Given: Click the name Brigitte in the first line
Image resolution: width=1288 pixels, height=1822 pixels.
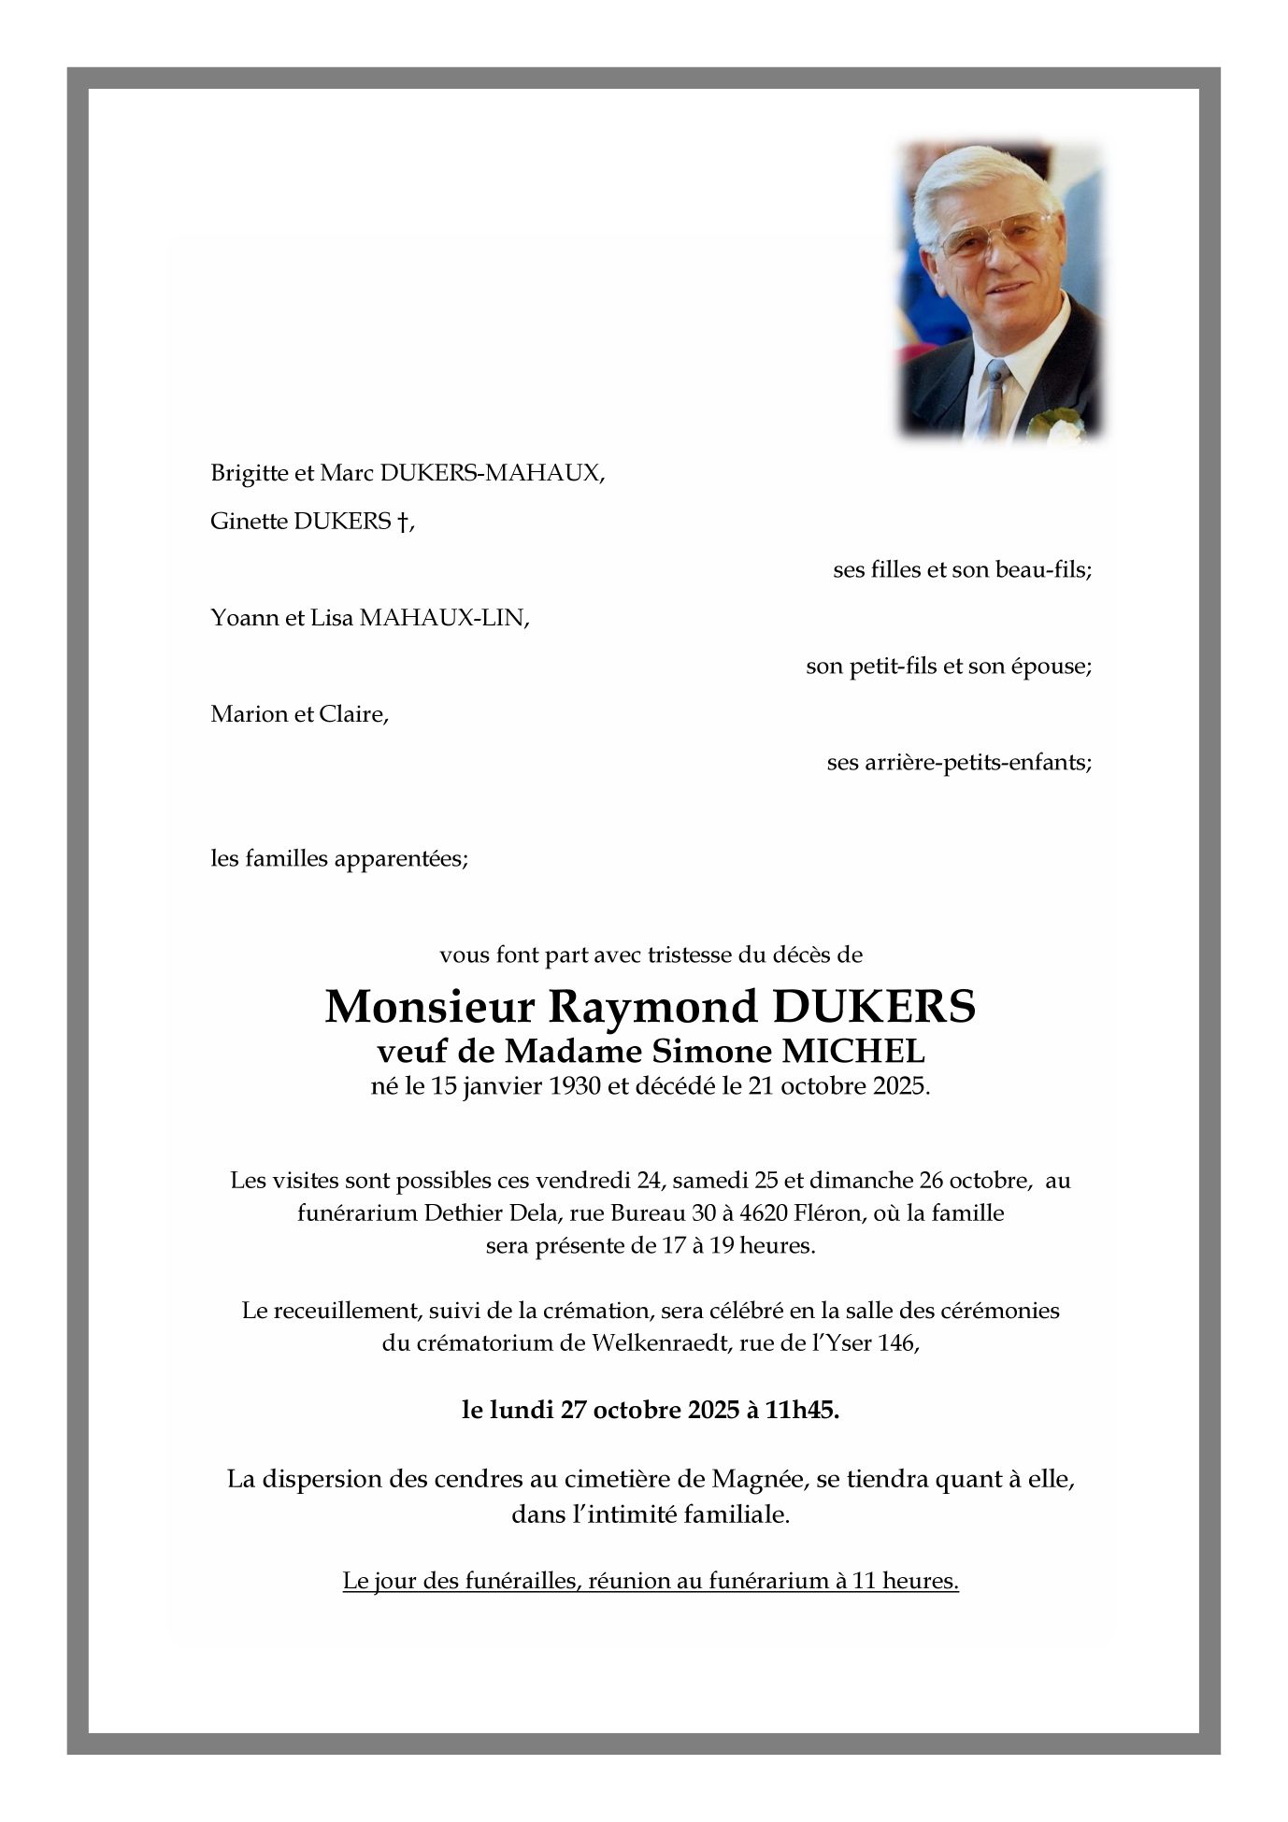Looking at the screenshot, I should pyautogui.click(x=250, y=473).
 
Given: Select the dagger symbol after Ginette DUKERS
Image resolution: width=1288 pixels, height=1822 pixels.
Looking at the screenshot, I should pyautogui.click(x=401, y=522).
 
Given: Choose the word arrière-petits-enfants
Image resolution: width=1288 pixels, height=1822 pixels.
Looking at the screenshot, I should pyautogui.click(x=957, y=763).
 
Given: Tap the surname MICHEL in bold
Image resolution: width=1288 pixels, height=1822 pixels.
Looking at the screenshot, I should pyautogui.click(x=852, y=1052).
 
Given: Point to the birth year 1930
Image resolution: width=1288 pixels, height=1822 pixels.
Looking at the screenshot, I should pyautogui.click(x=576, y=1087).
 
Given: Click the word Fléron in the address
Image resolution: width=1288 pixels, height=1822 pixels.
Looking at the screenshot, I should pyautogui.click(x=832, y=1213).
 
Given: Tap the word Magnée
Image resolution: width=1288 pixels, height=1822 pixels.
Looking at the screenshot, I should pyautogui.click(x=758, y=1480).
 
